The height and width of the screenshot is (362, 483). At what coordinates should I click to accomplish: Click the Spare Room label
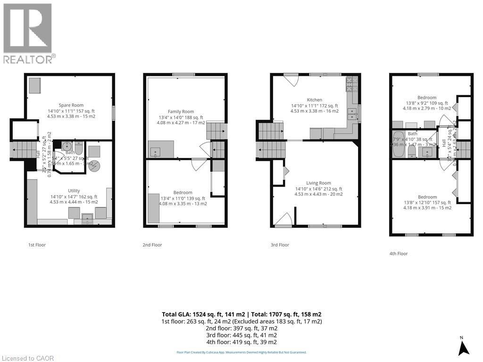[x=71, y=105]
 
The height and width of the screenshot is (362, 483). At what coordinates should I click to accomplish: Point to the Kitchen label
[x=315, y=100]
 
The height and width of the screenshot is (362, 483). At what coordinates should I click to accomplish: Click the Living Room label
[x=319, y=183]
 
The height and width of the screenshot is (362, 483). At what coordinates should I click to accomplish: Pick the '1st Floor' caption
[x=37, y=245]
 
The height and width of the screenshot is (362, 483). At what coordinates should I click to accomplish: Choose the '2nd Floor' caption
[x=152, y=245]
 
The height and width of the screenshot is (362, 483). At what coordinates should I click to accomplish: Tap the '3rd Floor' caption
[x=280, y=245]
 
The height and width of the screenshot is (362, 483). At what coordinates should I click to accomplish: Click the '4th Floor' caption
[x=399, y=254]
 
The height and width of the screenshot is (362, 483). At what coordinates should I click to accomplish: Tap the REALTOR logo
[x=28, y=33]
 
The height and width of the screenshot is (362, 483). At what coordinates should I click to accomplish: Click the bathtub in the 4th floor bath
[x=399, y=144]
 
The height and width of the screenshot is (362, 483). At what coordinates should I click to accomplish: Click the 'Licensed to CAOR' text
[x=28, y=358]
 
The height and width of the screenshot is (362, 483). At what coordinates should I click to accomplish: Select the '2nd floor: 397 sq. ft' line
[x=241, y=328]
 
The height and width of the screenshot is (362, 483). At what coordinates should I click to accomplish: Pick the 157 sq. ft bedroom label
[x=427, y=197]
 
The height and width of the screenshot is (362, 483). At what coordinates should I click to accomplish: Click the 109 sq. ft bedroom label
[x=426, y=98]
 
